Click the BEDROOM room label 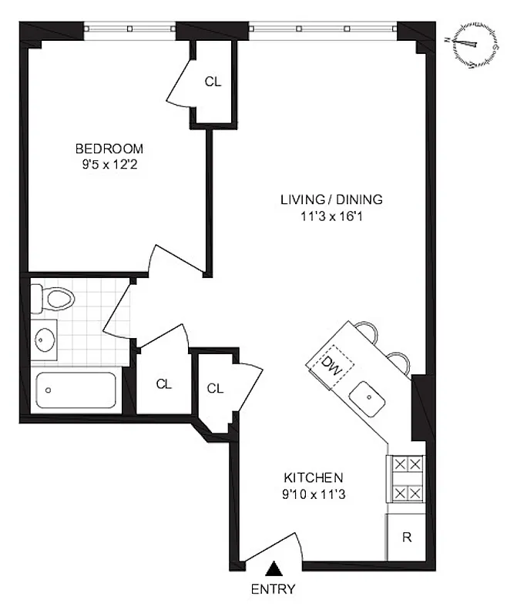click(109, 149)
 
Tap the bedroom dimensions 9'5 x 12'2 click(109, 163)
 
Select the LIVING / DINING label click(331, 199)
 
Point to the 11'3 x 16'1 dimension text click(331, 216)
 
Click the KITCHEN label click(312, 477)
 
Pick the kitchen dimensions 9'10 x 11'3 click(312, 494)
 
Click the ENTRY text click(273, 590)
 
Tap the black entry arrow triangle click(273, 569)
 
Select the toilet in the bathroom click(52, 297)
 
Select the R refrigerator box click(405, 537)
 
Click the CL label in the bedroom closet click(213, 82)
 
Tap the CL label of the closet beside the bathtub click(163, 383)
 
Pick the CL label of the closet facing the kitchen click(215, 388)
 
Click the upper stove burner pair click(405, 464)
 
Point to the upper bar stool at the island click(367, 332)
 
